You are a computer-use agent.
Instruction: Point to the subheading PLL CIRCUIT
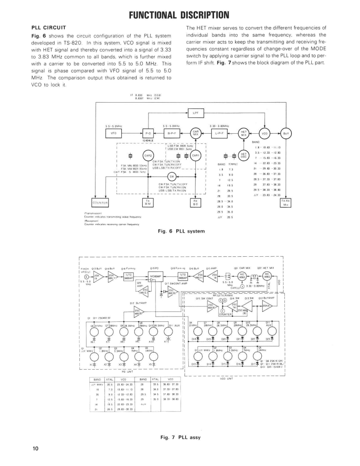[x=49, y=28]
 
